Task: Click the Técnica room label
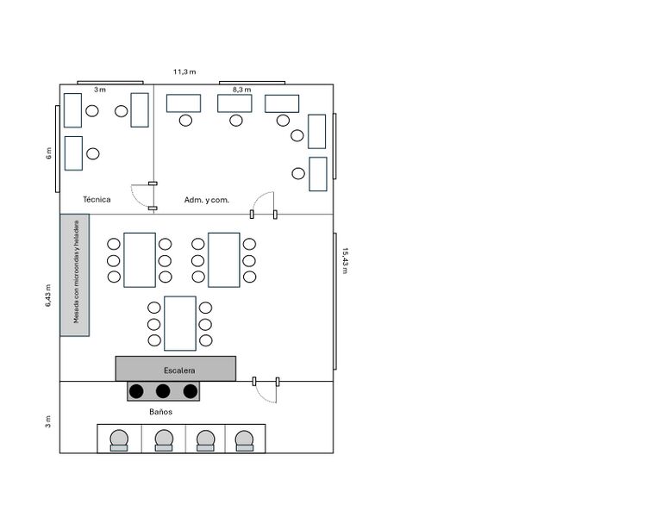97,199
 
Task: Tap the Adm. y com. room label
207,199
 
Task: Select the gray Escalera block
176,369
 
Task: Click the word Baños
159,412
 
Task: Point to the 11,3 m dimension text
184,72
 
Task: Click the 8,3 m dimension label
241,89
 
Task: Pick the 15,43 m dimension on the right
345,260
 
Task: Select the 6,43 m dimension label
48,296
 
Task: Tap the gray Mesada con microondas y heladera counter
75,275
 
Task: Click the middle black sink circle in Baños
163,391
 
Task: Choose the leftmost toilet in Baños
119,439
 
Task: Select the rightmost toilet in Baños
245,439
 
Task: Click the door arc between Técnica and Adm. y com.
141,196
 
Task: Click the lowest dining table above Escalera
180,323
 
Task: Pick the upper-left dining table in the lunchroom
140,259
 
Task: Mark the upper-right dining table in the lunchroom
224,259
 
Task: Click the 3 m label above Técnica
100,89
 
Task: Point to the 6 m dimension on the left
48,153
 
